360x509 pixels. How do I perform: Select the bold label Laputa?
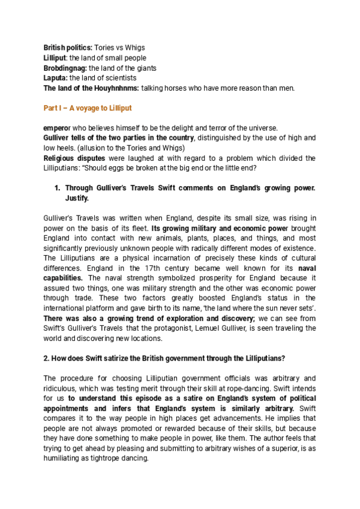coord(56,78)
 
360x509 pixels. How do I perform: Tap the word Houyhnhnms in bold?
coord(113,88)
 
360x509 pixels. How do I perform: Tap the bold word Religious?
coord(61,158)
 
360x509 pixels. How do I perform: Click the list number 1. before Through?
coord(58,188)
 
